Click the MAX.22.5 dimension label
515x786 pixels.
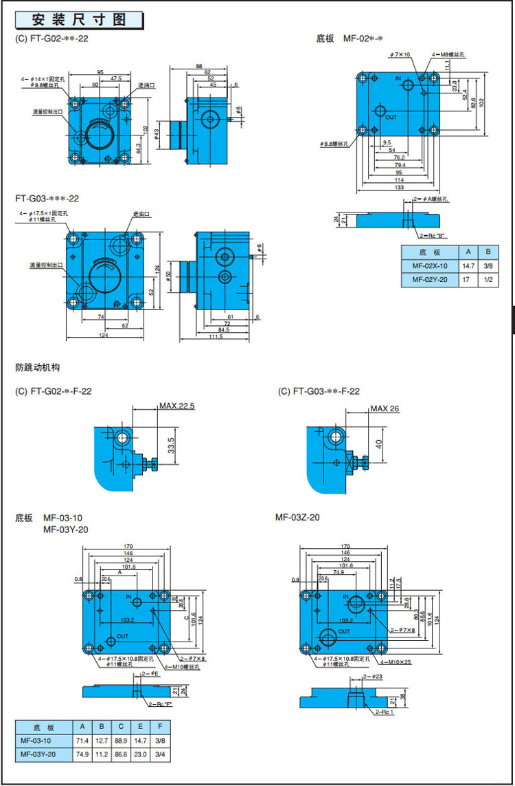click(177, 406)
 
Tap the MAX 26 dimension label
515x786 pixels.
click(385, 408)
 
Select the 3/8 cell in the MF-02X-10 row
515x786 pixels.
click(488, 266)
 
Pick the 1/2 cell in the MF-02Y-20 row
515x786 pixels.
click(488, 280)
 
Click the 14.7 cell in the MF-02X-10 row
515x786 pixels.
click(468, 266)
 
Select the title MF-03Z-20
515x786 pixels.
click(297, 516)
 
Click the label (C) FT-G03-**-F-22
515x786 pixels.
click(319, 391)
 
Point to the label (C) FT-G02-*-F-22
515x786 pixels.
click(54, 391)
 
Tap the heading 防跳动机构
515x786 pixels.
click(38, 368)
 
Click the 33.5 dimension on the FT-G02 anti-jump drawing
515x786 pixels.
click(170, 444)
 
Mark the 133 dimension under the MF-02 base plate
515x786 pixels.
click(399, 188)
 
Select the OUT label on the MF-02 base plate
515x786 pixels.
click(391, 118)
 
